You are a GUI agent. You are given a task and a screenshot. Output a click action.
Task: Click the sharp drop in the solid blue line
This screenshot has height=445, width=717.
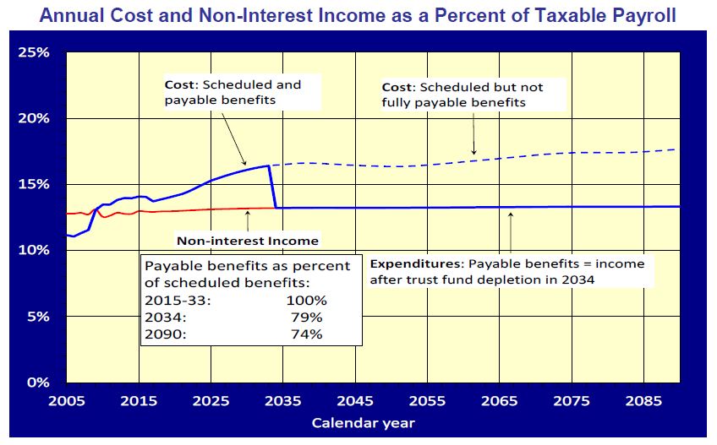tap(273, 186)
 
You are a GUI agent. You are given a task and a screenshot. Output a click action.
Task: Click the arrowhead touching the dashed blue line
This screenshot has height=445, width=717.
tap(474, 153)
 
